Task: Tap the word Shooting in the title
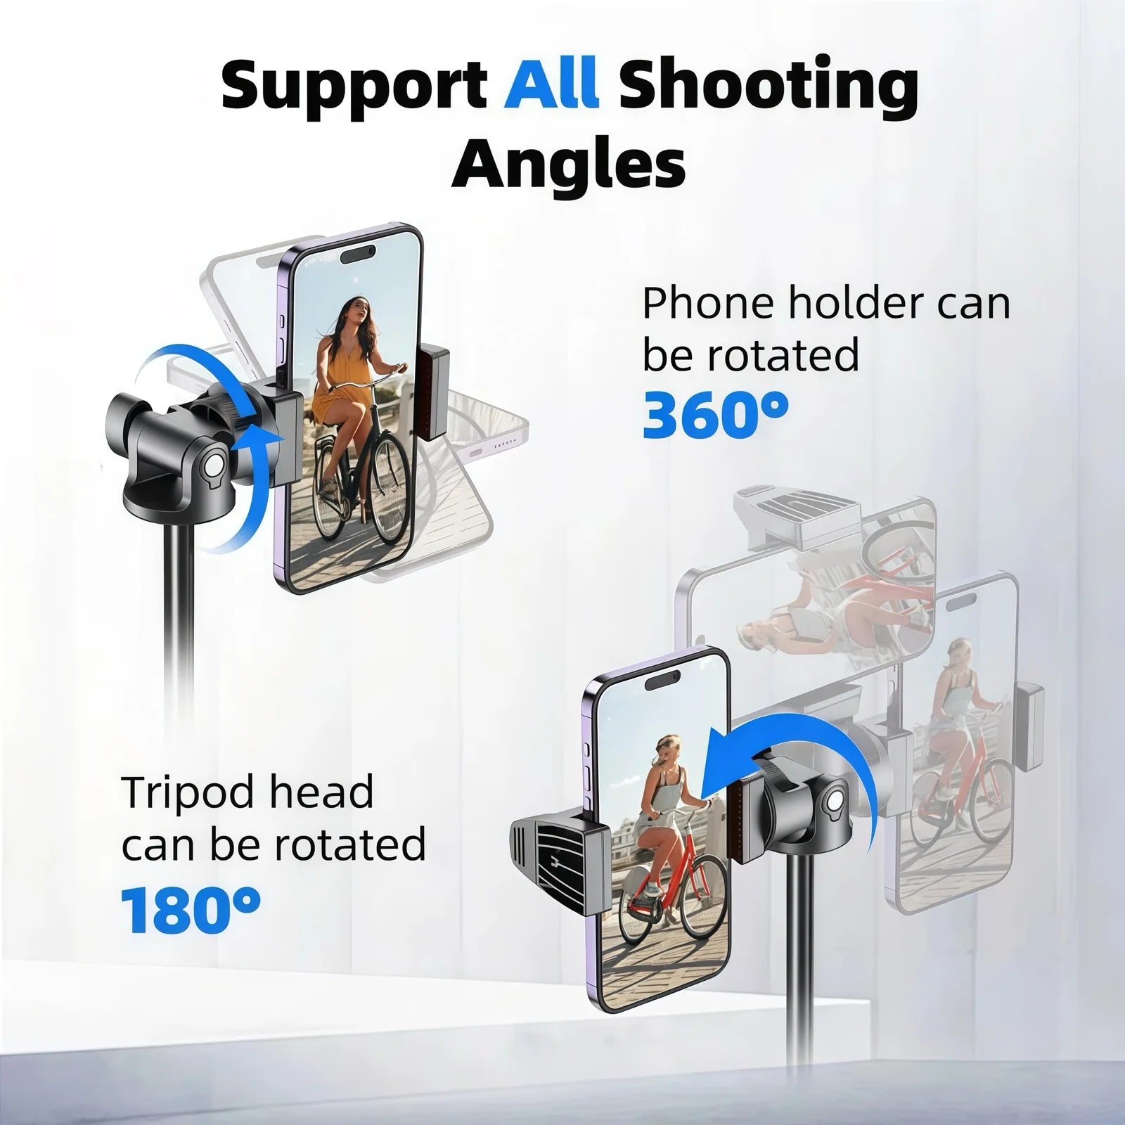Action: (x=769, y=88)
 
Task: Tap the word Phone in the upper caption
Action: (x=708, y=304)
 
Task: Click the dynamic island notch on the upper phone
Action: (x=358, y=253)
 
